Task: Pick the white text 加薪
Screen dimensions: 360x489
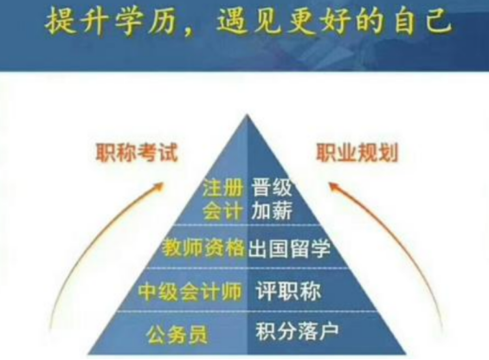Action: coord(270,211)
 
